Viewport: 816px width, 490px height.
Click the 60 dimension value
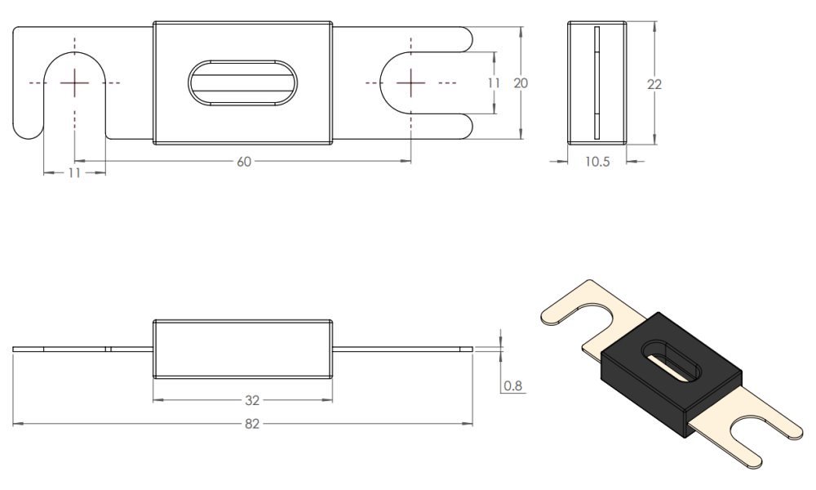click(x=243, y=162)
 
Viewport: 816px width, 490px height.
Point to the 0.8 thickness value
click(x=513, y=385)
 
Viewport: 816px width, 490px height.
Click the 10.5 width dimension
click(x=596, y=162)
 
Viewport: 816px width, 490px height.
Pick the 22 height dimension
click(x=654, y=83)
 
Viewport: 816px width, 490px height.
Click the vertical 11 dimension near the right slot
click(x=493, y=82)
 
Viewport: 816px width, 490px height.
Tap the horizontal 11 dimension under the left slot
click(x=74, y=173)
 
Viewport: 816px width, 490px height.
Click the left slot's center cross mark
click(x=74, y=82)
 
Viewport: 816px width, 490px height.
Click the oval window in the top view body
click(x=243, y=83)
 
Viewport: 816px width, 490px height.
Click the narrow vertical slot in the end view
click(x=596, y=82)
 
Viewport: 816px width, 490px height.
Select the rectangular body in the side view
click(x=243, y=350)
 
